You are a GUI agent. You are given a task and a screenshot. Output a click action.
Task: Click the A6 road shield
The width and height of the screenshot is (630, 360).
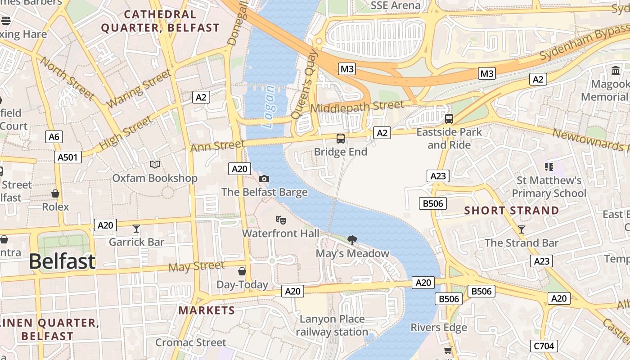coord(54,137)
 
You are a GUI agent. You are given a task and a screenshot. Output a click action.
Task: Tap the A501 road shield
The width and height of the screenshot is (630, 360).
coord(68,157)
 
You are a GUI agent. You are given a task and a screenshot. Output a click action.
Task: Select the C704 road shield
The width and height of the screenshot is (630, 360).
coord(544,346)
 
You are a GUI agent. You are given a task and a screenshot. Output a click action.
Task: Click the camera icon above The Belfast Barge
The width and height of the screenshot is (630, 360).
coord(264,179)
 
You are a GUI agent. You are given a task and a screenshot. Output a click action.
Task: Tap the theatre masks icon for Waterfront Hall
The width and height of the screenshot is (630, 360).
coord(281,220)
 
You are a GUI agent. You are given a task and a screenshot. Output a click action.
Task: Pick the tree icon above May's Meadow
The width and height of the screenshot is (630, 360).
coord(352,240)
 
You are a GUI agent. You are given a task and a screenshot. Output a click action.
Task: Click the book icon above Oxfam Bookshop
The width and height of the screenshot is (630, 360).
coord(155,165)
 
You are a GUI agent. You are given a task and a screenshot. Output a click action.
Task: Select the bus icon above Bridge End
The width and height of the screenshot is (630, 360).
coord(341,139)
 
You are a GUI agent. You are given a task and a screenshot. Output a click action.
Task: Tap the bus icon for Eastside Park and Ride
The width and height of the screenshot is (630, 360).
coord(449,119)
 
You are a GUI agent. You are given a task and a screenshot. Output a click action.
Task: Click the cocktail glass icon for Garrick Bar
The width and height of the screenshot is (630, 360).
coord(136,229)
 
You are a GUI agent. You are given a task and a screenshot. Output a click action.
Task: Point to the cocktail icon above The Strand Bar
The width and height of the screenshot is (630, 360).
coord(522,229)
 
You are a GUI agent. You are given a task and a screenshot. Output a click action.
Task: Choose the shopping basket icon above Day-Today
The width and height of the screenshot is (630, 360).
coord(242,271)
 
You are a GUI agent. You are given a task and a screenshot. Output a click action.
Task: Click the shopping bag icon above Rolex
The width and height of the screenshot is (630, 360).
coord(55,193)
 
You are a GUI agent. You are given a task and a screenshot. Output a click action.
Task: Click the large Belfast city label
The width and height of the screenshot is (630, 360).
coord(63,261)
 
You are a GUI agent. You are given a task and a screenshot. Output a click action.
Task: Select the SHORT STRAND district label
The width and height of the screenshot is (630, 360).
coord(512,211)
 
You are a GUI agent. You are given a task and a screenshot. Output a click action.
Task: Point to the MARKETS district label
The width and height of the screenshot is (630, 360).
coord(207,310)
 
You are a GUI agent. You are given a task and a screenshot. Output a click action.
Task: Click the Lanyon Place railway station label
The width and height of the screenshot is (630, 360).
coord(332,325)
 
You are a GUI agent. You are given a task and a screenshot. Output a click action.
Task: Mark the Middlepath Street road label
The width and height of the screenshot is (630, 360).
coord(357,107)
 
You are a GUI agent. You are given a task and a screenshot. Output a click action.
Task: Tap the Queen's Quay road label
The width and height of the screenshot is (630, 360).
coord(305,84)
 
